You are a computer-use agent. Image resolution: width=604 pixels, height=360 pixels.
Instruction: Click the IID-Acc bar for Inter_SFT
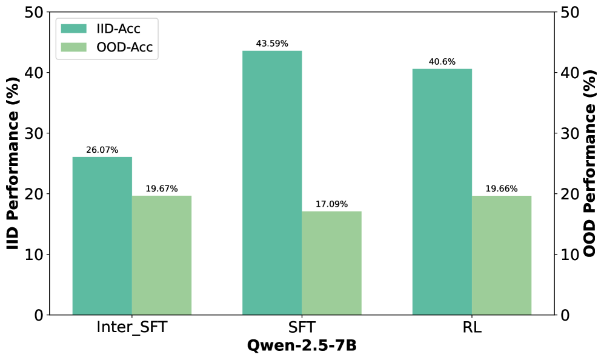click(x=102, y=236)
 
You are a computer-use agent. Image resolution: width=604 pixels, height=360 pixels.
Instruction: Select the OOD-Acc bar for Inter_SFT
click(x=162, y=255)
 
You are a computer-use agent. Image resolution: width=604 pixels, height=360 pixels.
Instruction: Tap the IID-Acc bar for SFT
click(x=272, y=182)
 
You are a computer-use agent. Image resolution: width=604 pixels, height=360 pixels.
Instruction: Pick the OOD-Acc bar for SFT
click(x=331, y=263)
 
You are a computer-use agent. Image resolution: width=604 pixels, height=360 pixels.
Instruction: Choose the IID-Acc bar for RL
click(x=442, y=192)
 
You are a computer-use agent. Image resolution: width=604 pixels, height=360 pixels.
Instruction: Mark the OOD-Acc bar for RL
click(x=502, y=255)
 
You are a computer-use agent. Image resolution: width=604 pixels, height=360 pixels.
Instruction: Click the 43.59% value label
click(x=272, y=44)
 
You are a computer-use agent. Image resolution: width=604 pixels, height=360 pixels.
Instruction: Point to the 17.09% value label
click(x=331, y=204)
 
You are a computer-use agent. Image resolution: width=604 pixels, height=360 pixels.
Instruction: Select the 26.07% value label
click(x=102, y=150)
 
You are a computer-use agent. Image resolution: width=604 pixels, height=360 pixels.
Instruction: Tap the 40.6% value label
click(x=442, y=62)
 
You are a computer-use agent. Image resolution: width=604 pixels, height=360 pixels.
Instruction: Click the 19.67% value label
click(x=162, y=188)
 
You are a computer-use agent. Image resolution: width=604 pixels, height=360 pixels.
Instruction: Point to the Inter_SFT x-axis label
click(x=132, y=328)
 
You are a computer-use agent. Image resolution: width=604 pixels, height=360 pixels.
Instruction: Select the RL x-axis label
click(x=472, y=328)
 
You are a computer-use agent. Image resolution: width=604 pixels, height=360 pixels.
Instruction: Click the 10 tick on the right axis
click(x=569, y=255)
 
